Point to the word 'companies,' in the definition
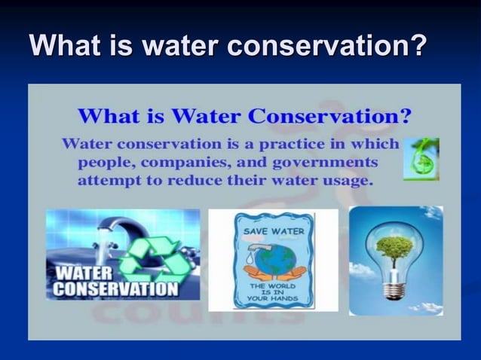(x=186, y=162)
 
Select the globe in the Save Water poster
(x=273, y=260)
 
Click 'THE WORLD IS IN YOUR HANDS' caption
(x=272, y=294)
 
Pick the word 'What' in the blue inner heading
(x=106, y=117)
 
